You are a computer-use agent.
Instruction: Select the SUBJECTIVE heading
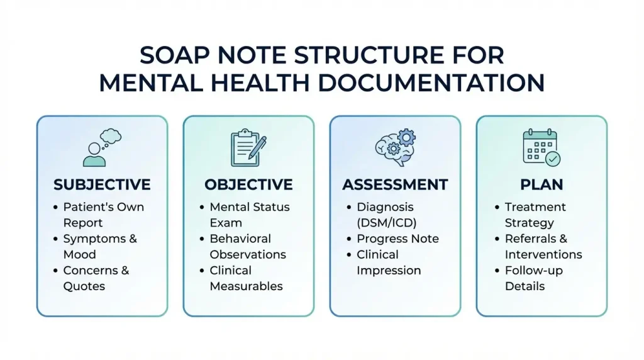(102, 185)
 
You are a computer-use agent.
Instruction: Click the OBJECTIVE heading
(248, 185)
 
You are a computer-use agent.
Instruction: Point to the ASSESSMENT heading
(395, 185)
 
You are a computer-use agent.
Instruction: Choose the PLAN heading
(541, 185)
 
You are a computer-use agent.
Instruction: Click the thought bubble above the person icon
(110, 136)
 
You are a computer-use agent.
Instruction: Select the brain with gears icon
(395, 148)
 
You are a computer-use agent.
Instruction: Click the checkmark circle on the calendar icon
(553, 159)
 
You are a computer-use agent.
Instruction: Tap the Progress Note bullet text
(397, 239)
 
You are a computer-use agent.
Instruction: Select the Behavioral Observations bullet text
(248, 247)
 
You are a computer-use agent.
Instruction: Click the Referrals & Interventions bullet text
(543, 247)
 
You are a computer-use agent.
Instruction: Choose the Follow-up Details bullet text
(534, 278)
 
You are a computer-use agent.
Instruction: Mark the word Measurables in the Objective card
(247, 286)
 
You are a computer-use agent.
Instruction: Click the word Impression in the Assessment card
(389, 271)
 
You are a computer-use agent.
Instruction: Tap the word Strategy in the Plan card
(530, 223)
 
